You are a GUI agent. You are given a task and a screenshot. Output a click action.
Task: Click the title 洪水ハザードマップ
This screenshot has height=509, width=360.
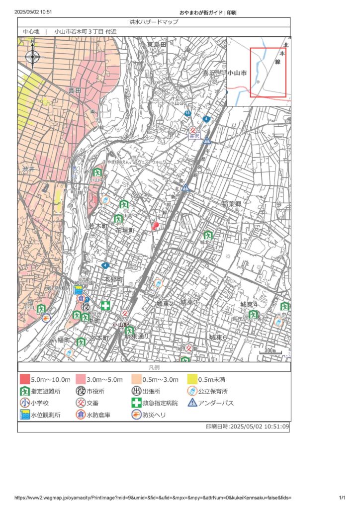pyautogui.click(x=154, y=22)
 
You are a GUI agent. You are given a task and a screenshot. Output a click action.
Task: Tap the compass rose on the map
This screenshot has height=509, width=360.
pyautogui.click(x=33, y=56)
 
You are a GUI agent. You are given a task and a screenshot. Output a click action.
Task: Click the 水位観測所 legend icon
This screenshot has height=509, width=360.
pyautogui.click(x=24, y=415)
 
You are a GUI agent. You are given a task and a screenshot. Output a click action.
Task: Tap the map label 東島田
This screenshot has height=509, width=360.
pyautogui.click(x=156, y=45)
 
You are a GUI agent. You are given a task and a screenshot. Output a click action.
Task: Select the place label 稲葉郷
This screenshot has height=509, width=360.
pyautogui.click(x=232, y=204)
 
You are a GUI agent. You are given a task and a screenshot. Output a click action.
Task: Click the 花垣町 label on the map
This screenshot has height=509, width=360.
pyautogui.click(x=125, y=231)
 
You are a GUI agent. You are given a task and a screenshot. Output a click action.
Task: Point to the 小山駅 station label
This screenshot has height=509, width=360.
pyautogui.click(x=120, y=325)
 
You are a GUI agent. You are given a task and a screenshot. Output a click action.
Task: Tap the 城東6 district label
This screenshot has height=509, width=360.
pyautogui.click(x=218, y=337)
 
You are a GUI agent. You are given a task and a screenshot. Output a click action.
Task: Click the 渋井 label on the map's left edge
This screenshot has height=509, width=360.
pyautogui.click(x=28, y=169)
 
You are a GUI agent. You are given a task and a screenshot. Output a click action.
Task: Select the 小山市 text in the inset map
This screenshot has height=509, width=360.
pyautogui.click(x=237, y=73)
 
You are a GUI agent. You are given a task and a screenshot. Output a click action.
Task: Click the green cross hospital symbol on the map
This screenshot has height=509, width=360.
pyautogui.click(x=105, y=305)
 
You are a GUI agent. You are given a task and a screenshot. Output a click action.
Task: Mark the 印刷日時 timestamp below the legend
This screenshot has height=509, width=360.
pyautogui.click(x=247, y=426)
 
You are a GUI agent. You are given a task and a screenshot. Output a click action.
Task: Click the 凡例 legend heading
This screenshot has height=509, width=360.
pyautogui.click(x=154, y=367)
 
